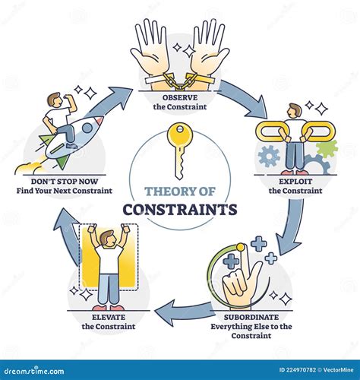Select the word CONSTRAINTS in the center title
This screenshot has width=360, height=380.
click(x=180, y=209)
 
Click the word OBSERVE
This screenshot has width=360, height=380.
click(x=180, y=97)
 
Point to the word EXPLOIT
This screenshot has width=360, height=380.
click(x=295, y=182)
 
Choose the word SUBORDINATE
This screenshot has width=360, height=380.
click(x=251, y=317)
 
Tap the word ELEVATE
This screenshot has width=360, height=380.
click(x=109, y=317)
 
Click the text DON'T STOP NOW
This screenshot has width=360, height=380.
click(x=65, y=182)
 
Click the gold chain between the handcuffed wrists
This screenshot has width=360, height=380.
click(x=180, y=80)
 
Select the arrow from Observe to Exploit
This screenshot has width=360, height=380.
click(x=243, y=99)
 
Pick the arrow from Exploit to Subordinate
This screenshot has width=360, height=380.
click(x=291, y=226)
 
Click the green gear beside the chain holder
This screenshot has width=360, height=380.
click(x=327, y=149)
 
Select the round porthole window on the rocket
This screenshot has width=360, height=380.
click(x=87, y=128)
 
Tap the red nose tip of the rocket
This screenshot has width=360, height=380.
click(x=100, y=120)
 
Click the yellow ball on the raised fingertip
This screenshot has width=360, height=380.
click(x=240, y=247)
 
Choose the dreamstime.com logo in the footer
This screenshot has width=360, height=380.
click(x=34, y=371)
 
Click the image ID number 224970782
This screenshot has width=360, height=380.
click(x=302, y=370)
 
